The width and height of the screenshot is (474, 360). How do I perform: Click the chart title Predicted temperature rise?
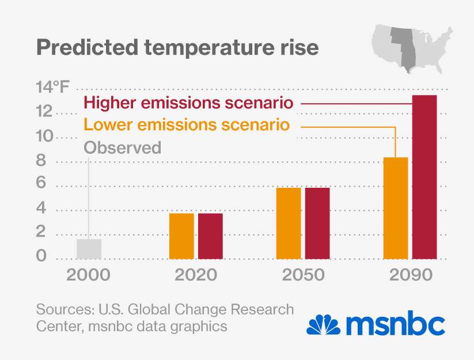[177, 47]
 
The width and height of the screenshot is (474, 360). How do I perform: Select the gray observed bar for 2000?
[89, 249]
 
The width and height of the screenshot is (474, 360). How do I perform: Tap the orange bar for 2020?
[181, 236]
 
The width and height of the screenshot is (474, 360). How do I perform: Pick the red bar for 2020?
[210, 236]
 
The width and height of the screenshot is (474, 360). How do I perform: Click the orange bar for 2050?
[289, 223]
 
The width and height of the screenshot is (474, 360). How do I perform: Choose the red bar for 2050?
[317, 223]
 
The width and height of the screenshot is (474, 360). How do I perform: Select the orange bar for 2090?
[396, 208]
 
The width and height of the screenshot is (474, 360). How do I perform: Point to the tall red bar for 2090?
[424, 177]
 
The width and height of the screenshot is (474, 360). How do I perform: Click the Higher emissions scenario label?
[189, 104]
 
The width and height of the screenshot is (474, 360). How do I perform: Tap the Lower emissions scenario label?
[186, 125]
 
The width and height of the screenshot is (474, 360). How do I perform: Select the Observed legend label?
[122, 147]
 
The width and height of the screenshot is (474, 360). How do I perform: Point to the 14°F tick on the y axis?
[52, 88]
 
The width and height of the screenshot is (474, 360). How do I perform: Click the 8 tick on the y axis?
[41, 161]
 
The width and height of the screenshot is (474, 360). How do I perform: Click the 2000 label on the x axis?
[89, 275]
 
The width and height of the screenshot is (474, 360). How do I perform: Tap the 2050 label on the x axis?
[303, 275]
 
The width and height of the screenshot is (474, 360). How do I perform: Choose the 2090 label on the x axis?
[410, 275]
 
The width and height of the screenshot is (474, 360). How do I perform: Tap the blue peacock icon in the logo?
[324, 324]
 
